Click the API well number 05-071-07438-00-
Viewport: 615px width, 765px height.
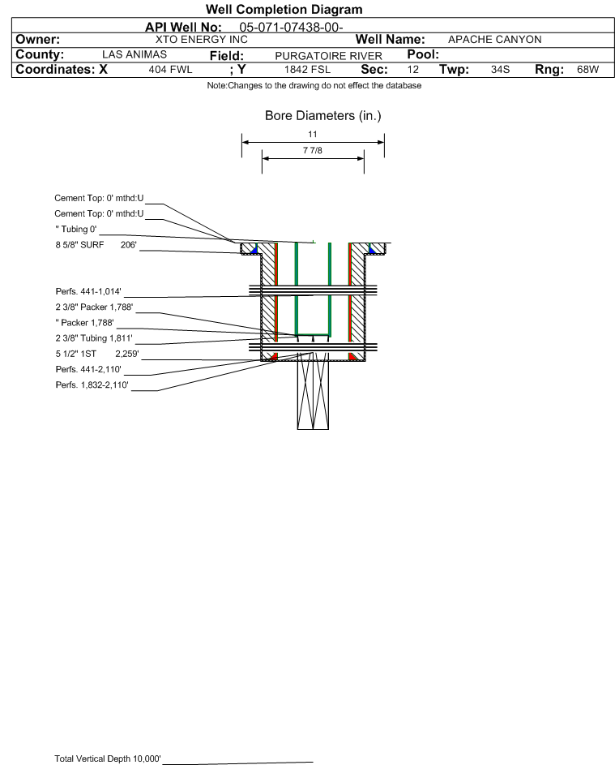point(291,28)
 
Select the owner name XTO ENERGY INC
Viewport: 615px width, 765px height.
point(201,40)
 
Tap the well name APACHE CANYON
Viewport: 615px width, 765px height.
point(494,40)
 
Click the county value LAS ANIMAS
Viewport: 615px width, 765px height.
point(135,54)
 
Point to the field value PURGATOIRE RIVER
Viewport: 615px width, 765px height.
point(328,56)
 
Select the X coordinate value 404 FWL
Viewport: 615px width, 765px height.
point(170,69)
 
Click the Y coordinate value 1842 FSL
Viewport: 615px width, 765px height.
point(307,69)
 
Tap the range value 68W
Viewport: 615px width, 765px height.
point(587,69)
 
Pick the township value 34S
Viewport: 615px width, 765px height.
point(501,69)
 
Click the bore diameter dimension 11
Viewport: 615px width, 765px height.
point(313,134)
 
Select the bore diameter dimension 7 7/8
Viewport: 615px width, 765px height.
point(313,150)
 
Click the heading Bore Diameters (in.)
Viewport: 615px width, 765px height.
point(323,116)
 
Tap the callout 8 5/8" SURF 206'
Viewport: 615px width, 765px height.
point(96,245)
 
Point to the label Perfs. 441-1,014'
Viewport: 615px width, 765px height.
point(88,291)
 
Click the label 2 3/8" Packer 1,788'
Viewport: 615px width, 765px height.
point(94,307)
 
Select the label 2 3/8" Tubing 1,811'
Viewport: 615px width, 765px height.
point(93,338)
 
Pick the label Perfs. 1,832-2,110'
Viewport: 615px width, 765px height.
point(92,385)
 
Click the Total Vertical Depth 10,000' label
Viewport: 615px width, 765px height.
point(108,759)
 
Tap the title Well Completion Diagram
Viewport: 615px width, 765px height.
point(284,9)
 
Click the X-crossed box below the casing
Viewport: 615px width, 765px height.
point(313,391)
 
